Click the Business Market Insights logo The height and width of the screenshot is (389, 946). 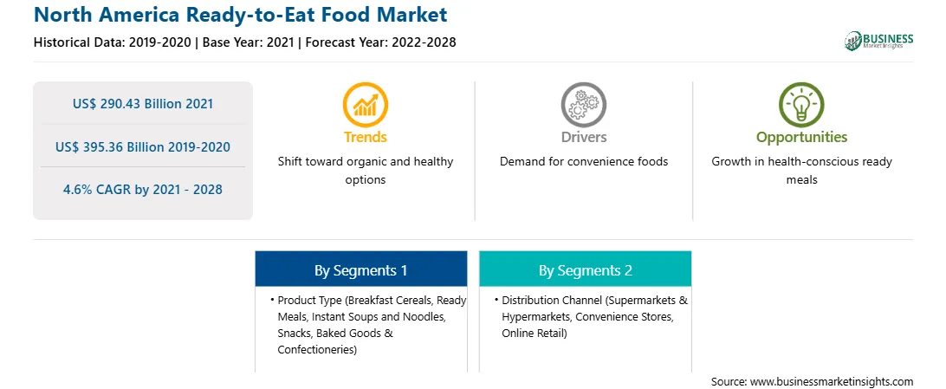coord(879,41)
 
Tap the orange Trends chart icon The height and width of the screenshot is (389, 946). coord(365,104)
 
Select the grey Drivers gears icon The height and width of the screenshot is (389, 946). coord(583,104)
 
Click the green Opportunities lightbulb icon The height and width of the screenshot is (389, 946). coord(801,104)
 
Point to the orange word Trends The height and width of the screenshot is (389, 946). coord(366,137)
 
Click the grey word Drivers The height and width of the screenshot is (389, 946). coord(583,137)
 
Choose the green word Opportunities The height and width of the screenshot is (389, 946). coord(802,137)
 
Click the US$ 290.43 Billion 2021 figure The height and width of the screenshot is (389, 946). coord(143,104)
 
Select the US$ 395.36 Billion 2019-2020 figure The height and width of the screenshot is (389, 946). coord(143,146)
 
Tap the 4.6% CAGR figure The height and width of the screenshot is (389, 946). coord(143,190)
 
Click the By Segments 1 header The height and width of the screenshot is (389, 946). coord(360,271)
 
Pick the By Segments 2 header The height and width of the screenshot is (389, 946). coord(586,271)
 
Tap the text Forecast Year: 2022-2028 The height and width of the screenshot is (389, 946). coord(380,42)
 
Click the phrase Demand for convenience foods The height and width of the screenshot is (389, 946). coord(584,162)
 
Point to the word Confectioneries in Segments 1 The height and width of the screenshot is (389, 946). coord(316,349)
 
